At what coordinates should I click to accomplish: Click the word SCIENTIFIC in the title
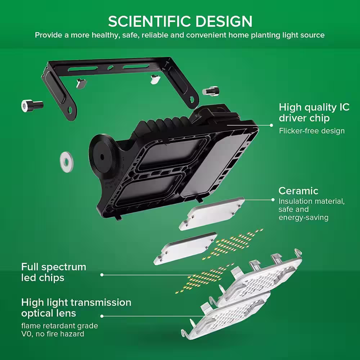click(x=145, y=21)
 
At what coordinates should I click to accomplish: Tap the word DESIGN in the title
click(x=218, y=21)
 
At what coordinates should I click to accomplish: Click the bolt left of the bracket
click(x=32, y=105)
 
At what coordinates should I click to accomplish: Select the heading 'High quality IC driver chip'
click(x=314, y=113)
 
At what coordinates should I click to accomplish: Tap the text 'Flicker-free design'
click(x=312, y=131)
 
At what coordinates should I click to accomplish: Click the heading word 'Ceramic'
click(x=298, y=190)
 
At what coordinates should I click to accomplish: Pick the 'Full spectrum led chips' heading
click(x=54, y=272)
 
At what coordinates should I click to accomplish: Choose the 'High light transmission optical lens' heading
click(x=76, y=307)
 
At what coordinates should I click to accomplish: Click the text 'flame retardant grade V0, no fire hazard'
click(x=59, y=330)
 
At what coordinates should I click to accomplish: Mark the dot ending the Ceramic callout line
click(x=273, y=199)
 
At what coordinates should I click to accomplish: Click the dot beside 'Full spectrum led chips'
click(x=102, y=275)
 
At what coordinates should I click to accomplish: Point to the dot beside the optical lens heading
click(x=102, y=316)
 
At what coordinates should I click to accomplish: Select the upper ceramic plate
click(x=212, y=213)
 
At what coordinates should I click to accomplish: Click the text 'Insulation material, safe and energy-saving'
click(x=311, y=210)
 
